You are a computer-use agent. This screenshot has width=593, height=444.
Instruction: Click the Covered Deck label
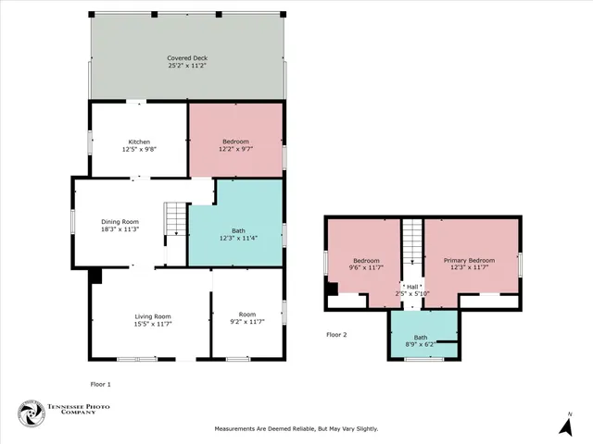(x=186, y=58)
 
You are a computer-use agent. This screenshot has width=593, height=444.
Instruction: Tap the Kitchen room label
(x=139, y=142)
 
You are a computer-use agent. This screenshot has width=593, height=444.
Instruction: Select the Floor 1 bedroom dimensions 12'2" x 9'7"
(x=235, y=149)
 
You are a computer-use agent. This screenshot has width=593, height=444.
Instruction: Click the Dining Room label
(x=120, y=221)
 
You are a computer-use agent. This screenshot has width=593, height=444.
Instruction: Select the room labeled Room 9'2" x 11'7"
(x=246, y=319)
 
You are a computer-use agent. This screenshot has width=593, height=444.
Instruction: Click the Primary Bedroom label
(x=468, y=260)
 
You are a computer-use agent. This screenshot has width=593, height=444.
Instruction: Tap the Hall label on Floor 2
(x=412, y=287)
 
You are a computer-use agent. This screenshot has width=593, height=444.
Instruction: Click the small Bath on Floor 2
(x=421, y=338)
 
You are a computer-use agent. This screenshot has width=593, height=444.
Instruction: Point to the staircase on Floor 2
(x=412, y=242)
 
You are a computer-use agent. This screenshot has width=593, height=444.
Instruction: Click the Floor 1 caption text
(x=100, y=383)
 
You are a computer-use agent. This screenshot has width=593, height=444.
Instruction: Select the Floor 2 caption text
(x=336, y=334)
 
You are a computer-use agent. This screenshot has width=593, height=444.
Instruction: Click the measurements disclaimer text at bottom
(x=296, y=428)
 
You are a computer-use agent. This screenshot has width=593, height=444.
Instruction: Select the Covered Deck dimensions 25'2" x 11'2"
(x=186, y=66)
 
